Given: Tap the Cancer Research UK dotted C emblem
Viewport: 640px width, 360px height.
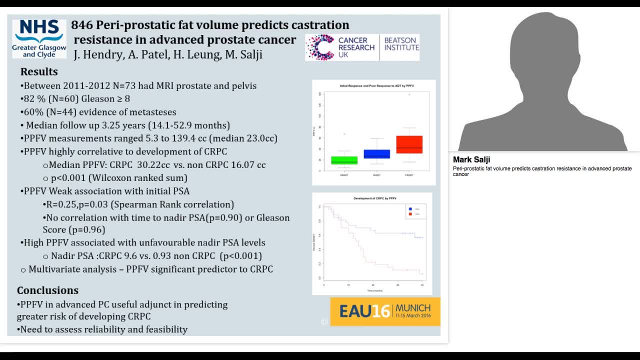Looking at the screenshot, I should pos(319,47).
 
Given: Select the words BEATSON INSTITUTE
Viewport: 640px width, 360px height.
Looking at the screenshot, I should pos(401,44).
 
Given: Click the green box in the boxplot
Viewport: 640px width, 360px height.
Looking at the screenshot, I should pos(344,160).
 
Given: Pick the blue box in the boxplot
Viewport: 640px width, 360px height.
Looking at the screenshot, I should pos(376,153).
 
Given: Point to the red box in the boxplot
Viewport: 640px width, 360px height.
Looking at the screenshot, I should pos(409,144).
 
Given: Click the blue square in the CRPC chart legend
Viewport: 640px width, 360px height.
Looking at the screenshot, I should pos(410,209).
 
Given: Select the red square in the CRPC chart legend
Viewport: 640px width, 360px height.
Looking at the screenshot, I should pos(410,214).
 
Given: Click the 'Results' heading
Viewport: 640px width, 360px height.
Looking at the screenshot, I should pos(39,71).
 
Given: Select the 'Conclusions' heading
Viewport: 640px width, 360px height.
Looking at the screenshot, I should pos(47,290).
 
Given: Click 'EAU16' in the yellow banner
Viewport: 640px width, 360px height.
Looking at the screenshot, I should pos(364,311).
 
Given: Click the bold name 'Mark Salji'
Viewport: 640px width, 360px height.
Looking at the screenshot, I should pos(471,160).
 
